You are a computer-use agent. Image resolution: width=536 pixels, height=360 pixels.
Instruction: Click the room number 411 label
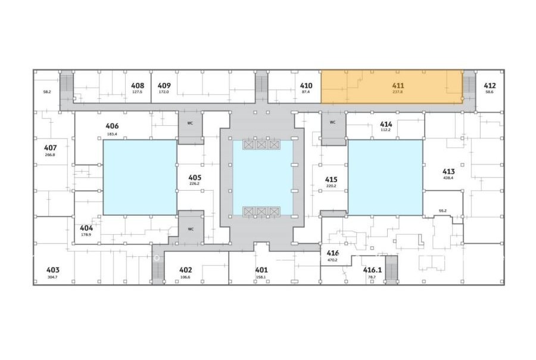(398, 86)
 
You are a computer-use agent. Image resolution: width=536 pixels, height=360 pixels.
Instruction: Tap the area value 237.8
(398, 92)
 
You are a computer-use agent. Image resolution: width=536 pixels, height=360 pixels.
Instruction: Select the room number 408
(138, 86)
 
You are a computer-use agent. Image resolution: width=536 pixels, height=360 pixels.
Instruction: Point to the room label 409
(164, 86)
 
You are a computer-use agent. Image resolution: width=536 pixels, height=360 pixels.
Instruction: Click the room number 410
(306, 86)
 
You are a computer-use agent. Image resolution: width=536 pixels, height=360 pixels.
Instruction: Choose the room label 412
(490, 86)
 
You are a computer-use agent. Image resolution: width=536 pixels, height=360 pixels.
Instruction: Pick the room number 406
(112, 126)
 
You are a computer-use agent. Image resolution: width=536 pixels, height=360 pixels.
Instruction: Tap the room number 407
(50, 148)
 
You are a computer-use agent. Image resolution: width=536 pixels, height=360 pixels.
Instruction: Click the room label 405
(195, 178)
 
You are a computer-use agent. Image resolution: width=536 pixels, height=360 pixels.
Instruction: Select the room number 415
(331, 179)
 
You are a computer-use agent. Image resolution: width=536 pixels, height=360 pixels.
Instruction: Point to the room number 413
(448, 172)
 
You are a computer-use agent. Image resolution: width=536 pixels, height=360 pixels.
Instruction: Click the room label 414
(386, 124)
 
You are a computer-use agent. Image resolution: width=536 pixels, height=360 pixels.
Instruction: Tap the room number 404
(86, 228)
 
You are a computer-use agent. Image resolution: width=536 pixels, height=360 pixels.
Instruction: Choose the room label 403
(52, 270)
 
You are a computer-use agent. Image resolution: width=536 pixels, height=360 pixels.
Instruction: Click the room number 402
(186, 270)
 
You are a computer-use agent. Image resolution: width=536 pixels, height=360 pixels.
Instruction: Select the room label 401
(261, 270)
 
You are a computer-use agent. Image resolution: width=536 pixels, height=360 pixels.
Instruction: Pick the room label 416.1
(372, 270)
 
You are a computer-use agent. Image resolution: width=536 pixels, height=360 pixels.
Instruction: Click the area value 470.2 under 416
(332, 260)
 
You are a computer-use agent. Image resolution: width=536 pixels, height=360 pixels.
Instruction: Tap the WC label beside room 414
(332, 122)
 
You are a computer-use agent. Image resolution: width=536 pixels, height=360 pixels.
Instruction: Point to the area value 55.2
(442, 211)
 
